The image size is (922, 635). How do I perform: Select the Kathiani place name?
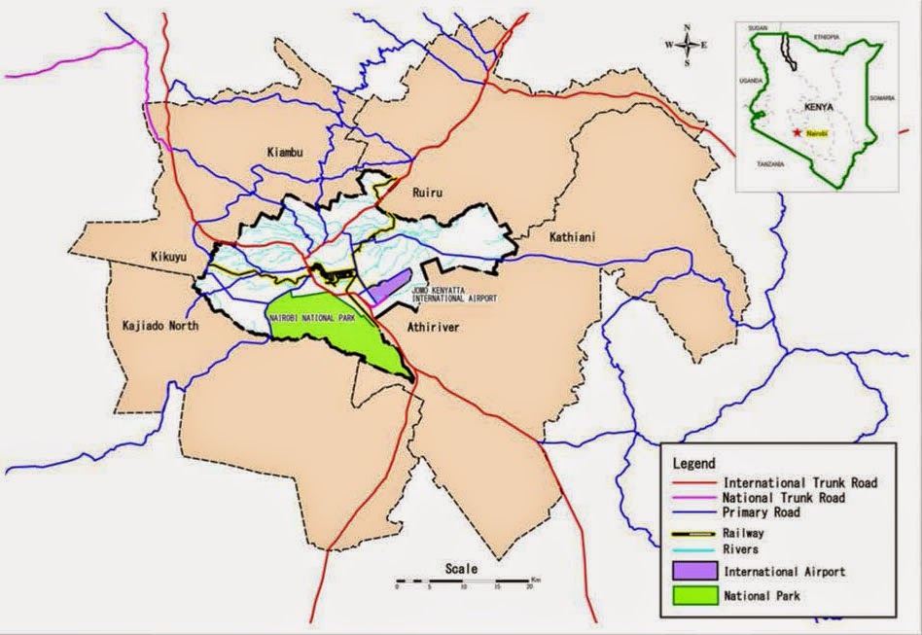pos(550,236)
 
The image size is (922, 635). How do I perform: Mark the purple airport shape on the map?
pos(387,289)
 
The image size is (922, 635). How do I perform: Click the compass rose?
pos(687,45)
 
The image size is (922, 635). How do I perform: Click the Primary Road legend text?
pos(762,512)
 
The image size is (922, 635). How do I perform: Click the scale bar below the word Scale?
pos(463,584)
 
